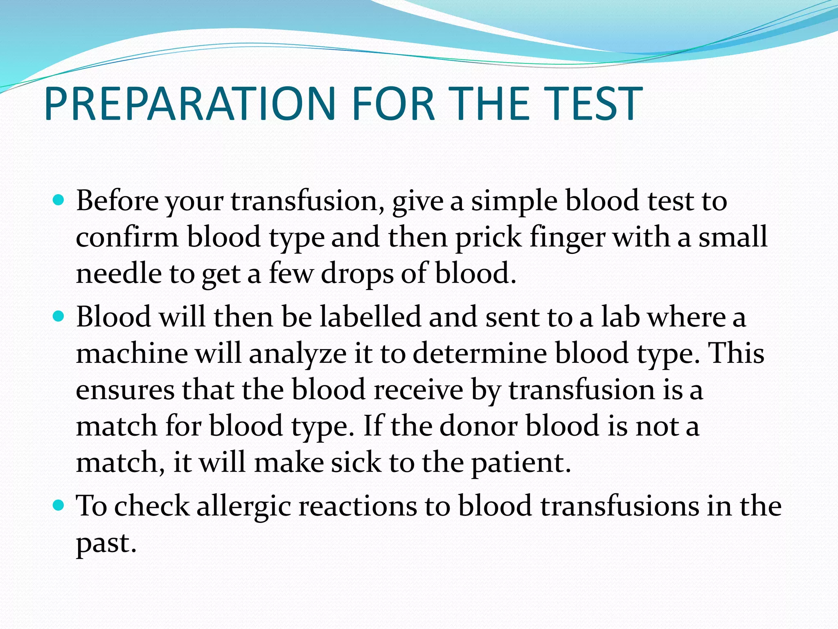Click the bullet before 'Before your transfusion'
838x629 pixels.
59,200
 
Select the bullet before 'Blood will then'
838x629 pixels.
59,316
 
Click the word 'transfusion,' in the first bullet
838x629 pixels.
307,201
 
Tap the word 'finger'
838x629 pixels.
567,238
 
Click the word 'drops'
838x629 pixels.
356,274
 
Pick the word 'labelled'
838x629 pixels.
370,317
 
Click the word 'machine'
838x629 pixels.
132,353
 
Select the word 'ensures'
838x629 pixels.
125,390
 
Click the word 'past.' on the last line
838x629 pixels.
106,543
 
